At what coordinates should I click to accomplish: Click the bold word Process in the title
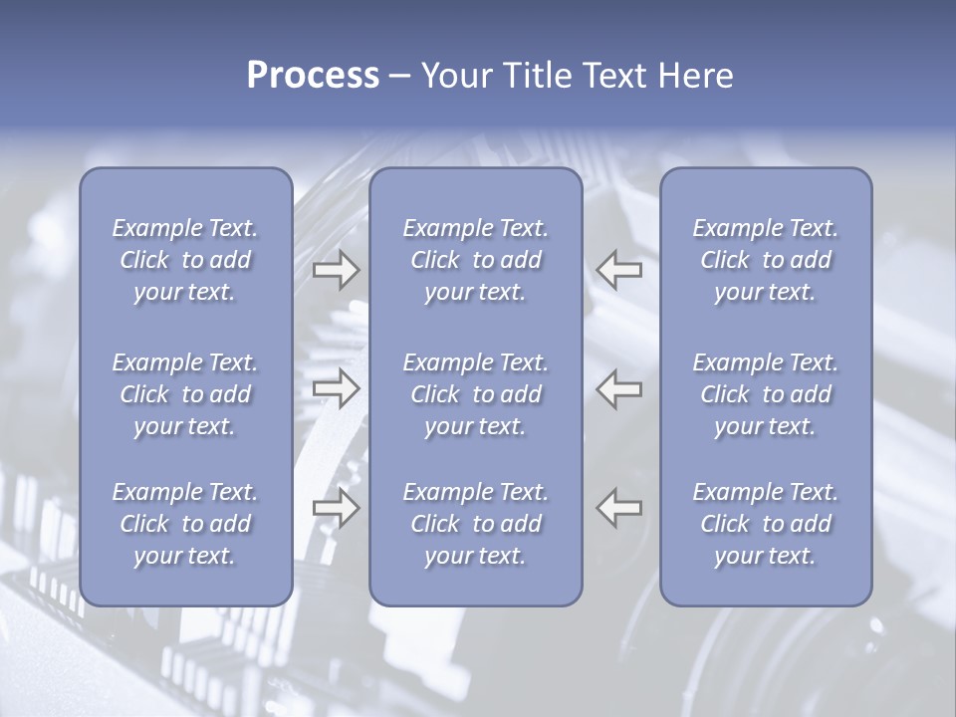pyautogui.click(x=313, y=76)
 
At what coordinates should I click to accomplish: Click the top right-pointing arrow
pyautogui.click(x=337, y=269)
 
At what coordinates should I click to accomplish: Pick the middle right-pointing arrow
pyautogui.click(x=337, y=387)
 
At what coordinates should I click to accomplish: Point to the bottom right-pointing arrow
pyautogui.click(x=337, y=507)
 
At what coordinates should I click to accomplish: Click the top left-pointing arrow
pyautogui.click(x=618, y=269)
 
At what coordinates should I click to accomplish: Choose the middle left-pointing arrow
pyautogui.click(x=618, y=387)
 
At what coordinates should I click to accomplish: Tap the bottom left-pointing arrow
pyautogui.click(x=618, y=507)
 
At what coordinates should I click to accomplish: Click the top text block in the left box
pyautogui.click(x=185, y=260)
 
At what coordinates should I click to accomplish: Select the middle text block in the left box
pyautogui.click(x=185, y=394)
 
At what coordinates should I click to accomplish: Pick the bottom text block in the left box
pyautogui.click(x=185, y=524)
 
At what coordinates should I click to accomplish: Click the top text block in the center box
pyautogui.click(x=475, y=260)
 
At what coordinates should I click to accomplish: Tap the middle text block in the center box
pyautogui.click(x=475, y=394)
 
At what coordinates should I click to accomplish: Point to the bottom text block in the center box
pyautogui.click(x=475, y=524)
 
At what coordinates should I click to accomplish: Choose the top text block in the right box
pyautogui.click(x=765, y=260)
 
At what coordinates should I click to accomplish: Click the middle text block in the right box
pyautogui.click(x=765, y=394)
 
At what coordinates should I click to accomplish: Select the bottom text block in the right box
pyautogui.click(x=765, y=524)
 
